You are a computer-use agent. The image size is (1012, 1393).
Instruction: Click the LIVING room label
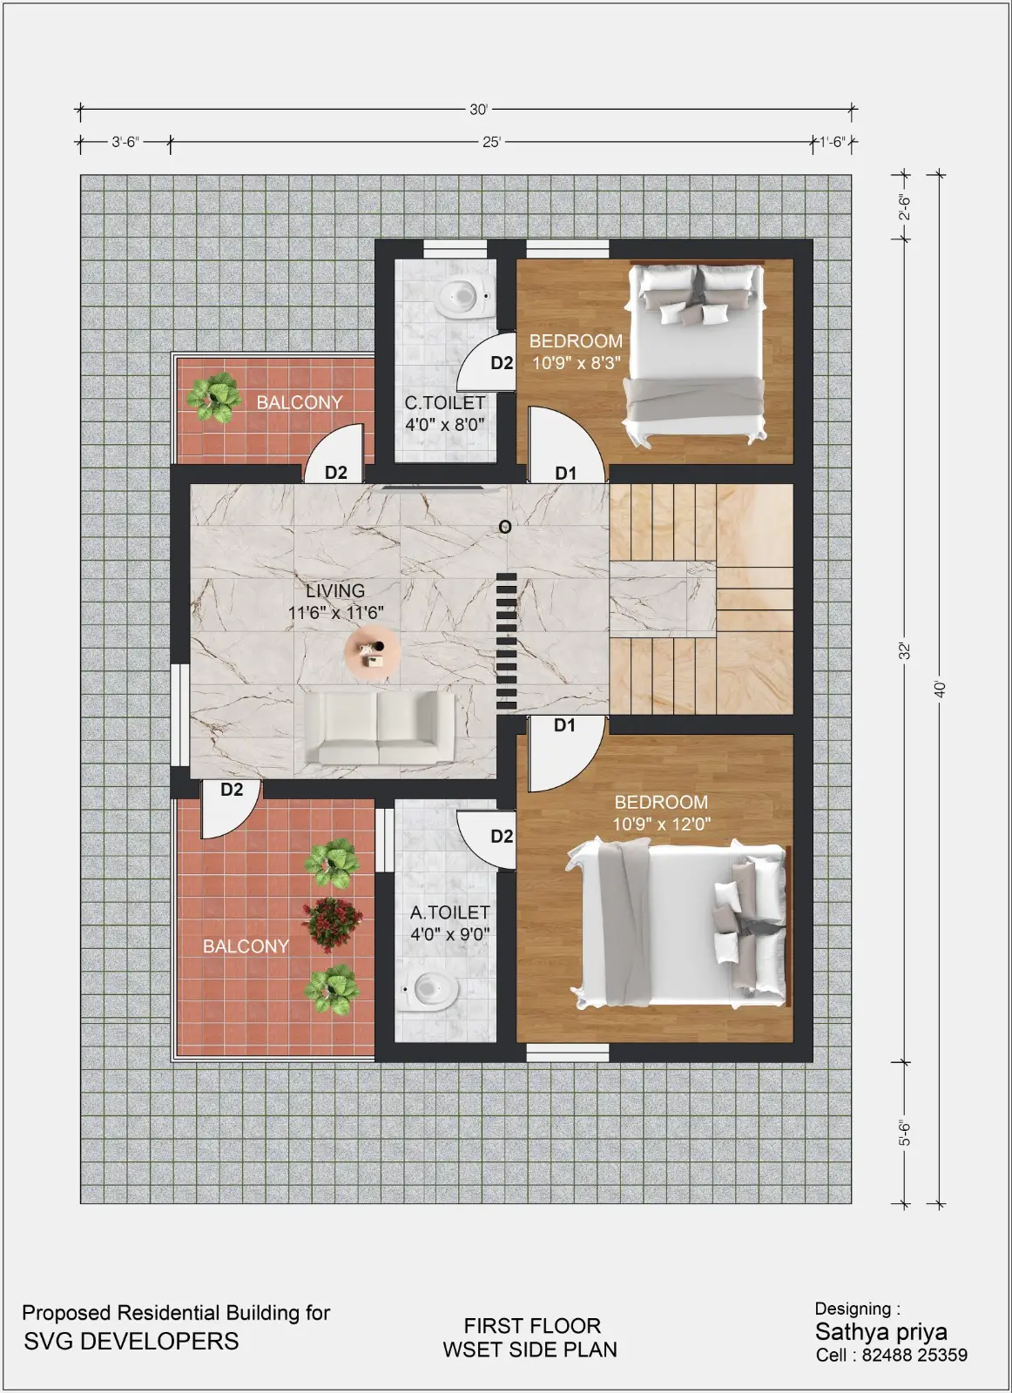335,591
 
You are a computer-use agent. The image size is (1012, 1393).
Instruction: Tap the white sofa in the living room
379,728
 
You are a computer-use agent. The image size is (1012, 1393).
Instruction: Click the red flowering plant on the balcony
332,924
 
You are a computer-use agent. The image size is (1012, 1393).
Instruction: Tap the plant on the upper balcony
214,397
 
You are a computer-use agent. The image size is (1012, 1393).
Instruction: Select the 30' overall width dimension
478,110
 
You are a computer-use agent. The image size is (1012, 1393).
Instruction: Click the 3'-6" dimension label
125,142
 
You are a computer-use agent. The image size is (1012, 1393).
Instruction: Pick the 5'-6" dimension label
905,1133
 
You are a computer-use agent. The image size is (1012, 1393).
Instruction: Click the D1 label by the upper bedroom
565,474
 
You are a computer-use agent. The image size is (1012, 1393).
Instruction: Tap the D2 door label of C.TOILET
502,362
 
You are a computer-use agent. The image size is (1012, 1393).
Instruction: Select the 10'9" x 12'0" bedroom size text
661,824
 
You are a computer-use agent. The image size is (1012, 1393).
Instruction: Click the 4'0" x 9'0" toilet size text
449,934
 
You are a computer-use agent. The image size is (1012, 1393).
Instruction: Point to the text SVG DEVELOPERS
132,1341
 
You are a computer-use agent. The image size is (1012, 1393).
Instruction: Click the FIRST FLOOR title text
532,1326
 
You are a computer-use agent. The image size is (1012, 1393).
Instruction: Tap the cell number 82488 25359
914,1355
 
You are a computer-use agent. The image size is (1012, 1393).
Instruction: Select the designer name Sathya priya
881,1332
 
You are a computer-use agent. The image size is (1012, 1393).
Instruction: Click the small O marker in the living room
505,528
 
